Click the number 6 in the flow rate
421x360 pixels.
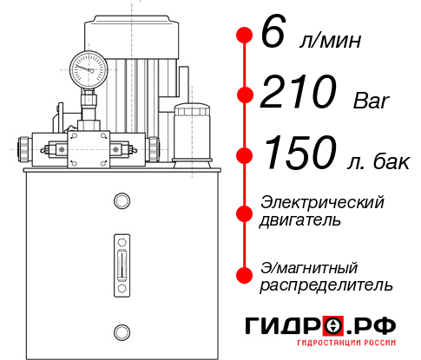coord(272,35)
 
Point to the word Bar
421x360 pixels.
coord(372,101)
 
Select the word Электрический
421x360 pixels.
coord(322,202)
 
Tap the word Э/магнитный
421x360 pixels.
coord(309,266)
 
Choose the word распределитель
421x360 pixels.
coord(326,284)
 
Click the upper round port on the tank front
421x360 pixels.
coord(121,202)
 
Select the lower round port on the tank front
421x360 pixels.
coord(121,331)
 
